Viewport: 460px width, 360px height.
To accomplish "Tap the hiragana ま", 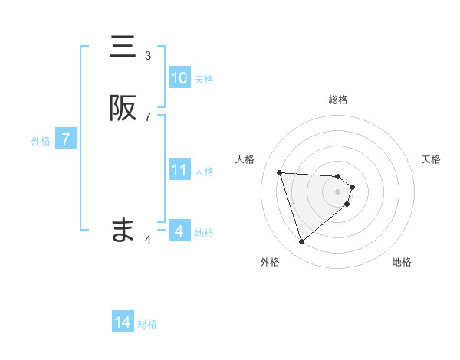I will pyautogui.click(x=123, y=230).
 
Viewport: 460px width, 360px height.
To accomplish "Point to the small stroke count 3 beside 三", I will pyautogui.click(x=148, y=55).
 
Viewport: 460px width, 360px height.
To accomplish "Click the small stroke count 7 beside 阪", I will pyautogui.click(x=148, y=116).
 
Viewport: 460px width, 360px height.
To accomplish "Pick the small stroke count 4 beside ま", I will pyautogui.click(x=148, y=240).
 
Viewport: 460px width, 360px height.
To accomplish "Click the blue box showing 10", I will pyautogui.click(x=179, y=78).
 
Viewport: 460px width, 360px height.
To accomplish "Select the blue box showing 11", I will pyautogui.click(x=179, y=170).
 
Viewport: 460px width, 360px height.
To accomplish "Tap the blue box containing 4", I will pyautogui.click(x=179, y=231).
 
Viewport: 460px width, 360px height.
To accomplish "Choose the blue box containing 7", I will pyautogui.click(x=66, y=139).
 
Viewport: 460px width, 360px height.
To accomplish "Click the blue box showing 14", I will pyautogui.click(x=123, y=322).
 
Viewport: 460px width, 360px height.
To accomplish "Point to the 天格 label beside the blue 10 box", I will pyautogui.click(x=204, y=80).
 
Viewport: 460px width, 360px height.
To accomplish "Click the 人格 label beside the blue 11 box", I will pyautogui.click(x=204, y=172).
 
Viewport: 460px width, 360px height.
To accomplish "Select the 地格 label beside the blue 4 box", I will pyautogui.click(x=204, y=232).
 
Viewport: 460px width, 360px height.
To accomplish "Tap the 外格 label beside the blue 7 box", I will pyautogui.click(x=41, y=141).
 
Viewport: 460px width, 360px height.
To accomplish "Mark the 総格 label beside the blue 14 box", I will pyautogui.click(x=147, y=324).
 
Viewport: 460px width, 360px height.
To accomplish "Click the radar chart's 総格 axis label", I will pyautogui.click(x=338, y=100).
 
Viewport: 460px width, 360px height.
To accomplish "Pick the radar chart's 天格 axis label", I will pyautogui.click(x=431, y=159).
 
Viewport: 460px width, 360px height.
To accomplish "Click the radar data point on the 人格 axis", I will pyautogui.click(x=280, y=172).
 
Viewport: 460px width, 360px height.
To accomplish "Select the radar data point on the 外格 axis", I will pyautogui.click(x=301, y=242).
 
